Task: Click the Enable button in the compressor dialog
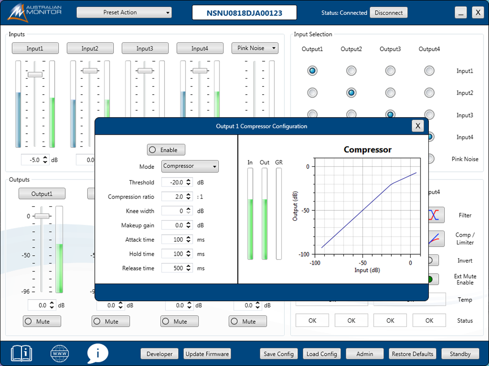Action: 166,150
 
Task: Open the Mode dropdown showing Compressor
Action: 190,166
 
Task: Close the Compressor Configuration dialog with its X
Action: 418,126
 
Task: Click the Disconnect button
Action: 389,13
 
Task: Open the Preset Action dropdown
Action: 124,13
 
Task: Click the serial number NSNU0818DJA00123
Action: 244,13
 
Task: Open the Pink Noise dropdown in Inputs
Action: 255,48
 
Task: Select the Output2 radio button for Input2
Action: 351,93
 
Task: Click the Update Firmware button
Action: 207,354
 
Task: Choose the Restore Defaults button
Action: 412,354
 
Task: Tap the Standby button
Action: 460,354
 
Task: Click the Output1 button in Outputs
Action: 42,194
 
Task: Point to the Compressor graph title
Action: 367,150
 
